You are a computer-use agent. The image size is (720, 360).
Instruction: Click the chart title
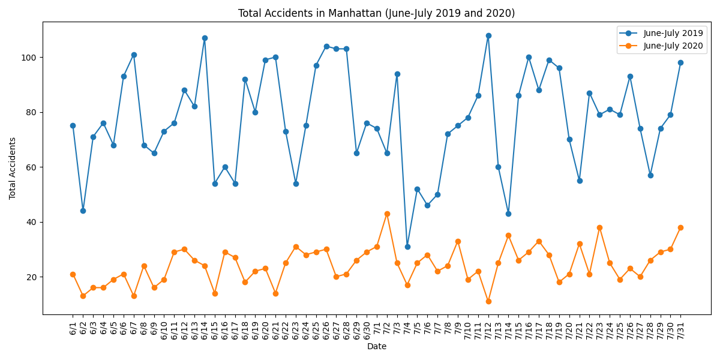[x=376, y=13]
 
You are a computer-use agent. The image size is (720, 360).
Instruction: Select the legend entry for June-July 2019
[x=673, y=34]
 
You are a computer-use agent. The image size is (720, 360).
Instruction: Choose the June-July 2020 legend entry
[x=673, y=46]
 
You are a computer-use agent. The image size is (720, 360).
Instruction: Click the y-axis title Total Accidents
[x=13, y=168]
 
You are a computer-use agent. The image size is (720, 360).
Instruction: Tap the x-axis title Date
[x=376, y=346]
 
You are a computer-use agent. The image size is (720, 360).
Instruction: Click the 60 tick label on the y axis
[x=31, y=167]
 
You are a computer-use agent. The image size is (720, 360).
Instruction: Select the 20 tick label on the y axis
[x=31, y=277]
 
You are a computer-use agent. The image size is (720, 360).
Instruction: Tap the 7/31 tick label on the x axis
[x=680, y=326]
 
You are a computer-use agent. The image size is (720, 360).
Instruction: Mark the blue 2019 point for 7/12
[x=488, y=35]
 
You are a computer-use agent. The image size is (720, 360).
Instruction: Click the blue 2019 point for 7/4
[x=407, y=247]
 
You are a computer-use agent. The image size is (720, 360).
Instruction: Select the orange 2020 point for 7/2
[x=387, y=214]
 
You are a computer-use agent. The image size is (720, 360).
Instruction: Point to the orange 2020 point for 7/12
[x=488, y=301]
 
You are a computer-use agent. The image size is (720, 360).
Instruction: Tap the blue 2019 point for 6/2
[x=83, y=211]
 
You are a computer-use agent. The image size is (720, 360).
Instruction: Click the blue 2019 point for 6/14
[x=205, y=38]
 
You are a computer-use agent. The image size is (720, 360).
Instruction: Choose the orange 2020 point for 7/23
[x=599, y=227]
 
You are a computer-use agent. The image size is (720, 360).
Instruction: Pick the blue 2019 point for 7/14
[x=508, y=214]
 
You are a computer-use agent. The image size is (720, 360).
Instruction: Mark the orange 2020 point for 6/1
[x=73, y=274]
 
